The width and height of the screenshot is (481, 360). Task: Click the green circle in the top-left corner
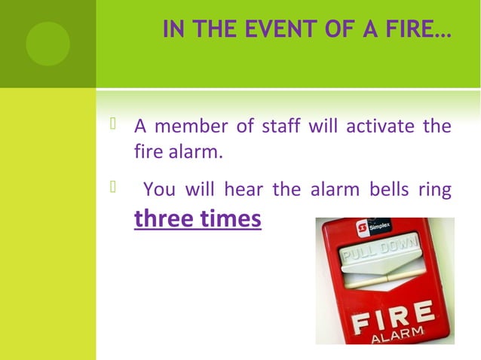click(47, 44)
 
